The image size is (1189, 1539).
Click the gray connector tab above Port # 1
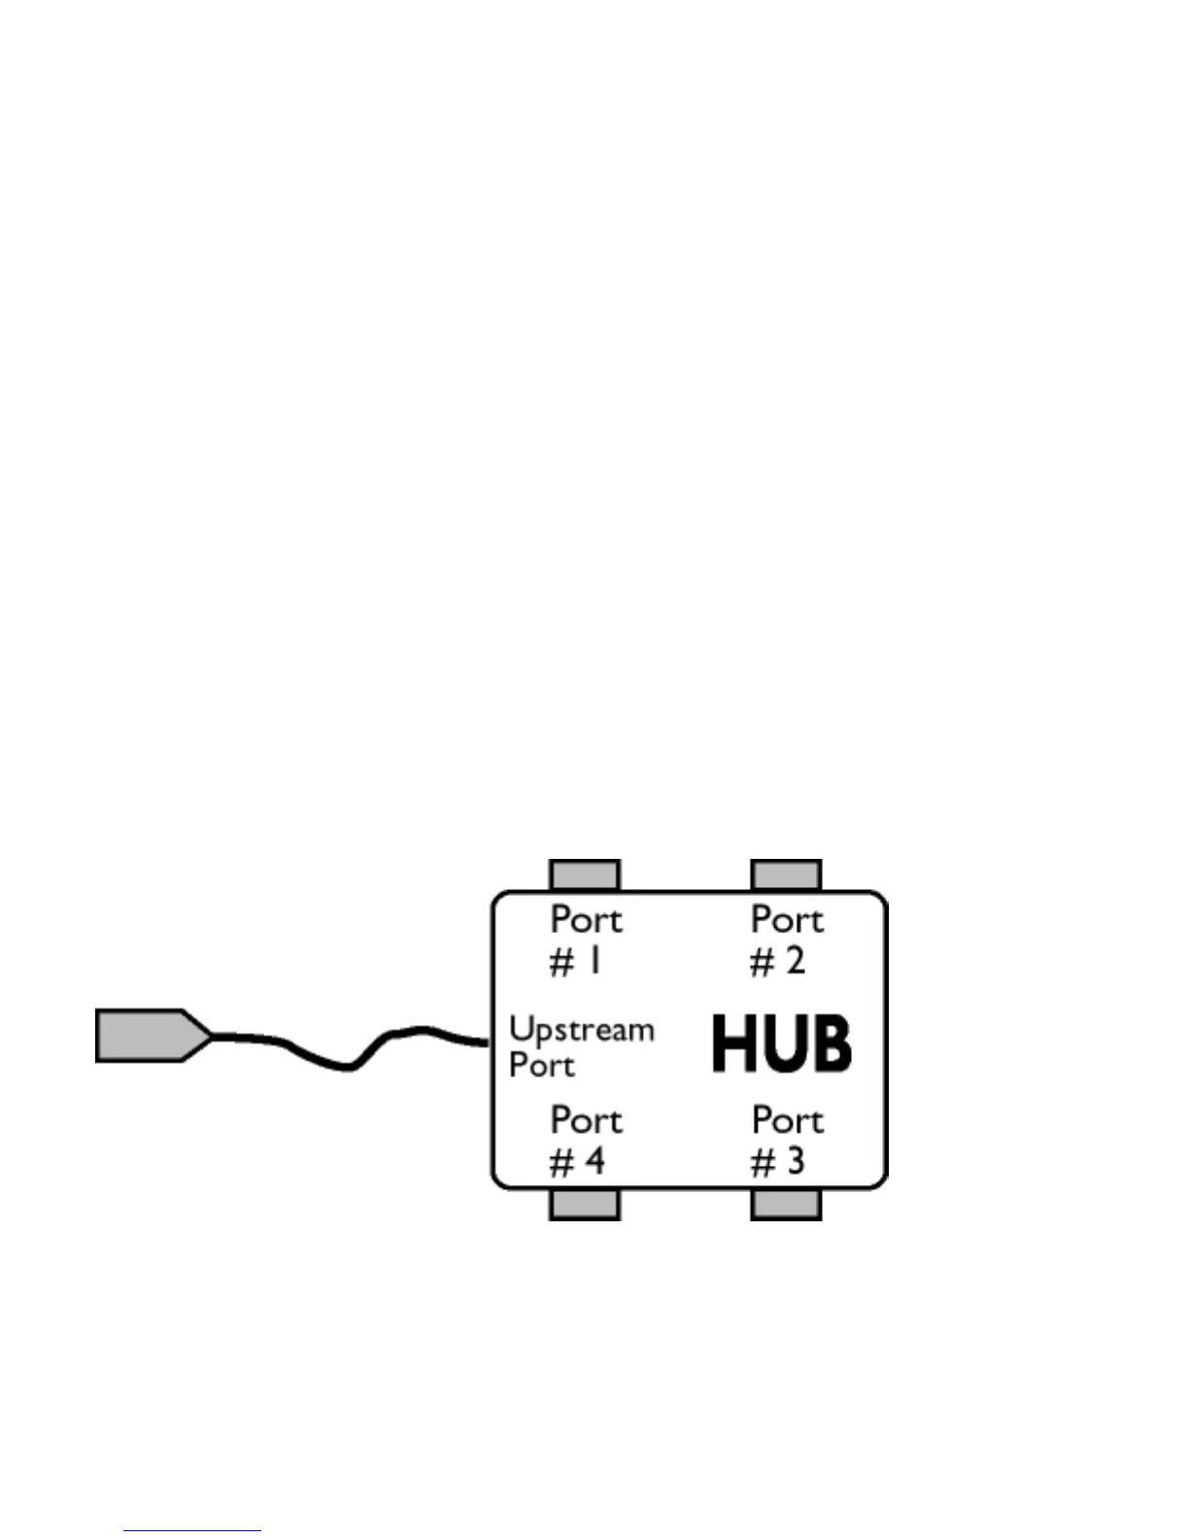pos(584,874)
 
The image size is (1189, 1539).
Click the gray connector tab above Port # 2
pos(786,874)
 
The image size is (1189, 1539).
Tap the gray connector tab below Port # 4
pos(584,1205)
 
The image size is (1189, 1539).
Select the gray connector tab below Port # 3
pos(786,1205)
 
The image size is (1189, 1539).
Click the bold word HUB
pos(782,1043)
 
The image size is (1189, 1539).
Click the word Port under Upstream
pos(542,1066)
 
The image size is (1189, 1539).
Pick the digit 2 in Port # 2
pos(795,962)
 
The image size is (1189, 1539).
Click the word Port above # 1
pos(586,920)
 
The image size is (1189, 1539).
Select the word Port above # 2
pos(787,920)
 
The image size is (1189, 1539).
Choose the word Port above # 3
pos(787,1121)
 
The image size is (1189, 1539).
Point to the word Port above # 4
pos(586,1121)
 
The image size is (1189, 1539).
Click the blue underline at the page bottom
pos(192,1531)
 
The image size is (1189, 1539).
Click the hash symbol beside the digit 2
pos(762,963)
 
